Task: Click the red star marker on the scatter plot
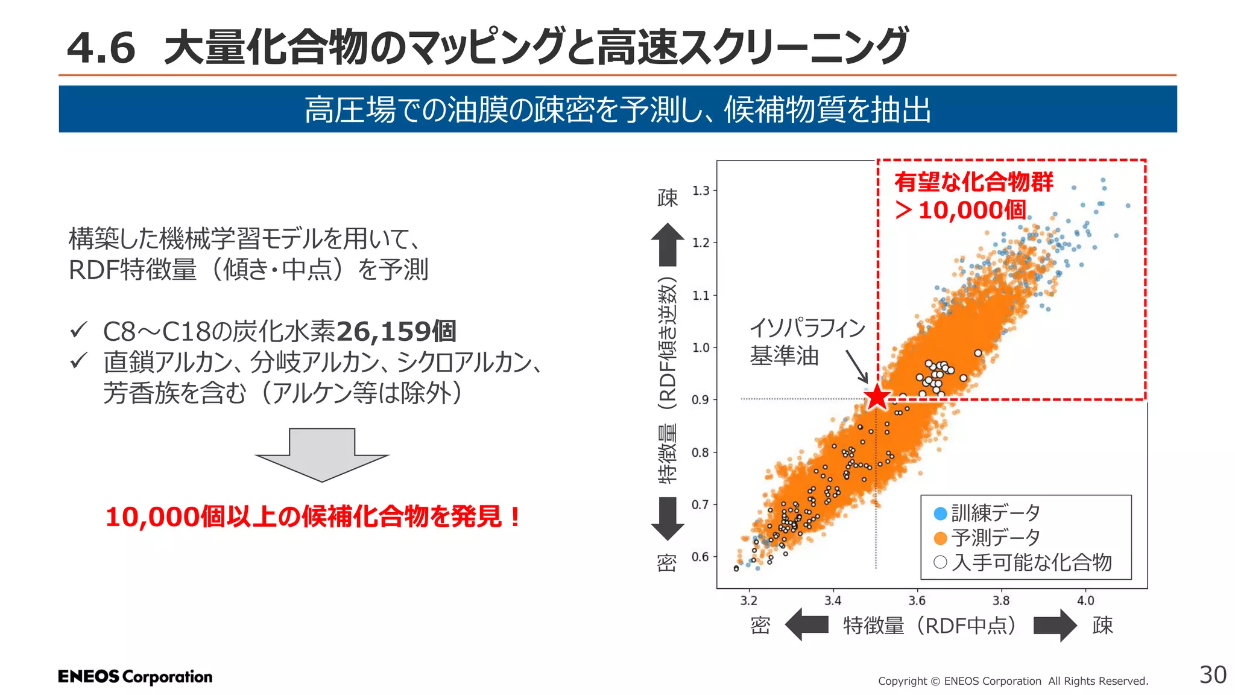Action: [877, 398]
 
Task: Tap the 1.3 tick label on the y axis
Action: [701, 191]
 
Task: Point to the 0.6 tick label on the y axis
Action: [700, 557]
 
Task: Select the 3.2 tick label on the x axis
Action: [748, 601]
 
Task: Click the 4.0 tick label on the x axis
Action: [1085, 601]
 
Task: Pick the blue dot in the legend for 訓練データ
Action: [940, 513]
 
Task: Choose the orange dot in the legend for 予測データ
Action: [940, 538]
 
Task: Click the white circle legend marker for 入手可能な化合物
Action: [940, 562]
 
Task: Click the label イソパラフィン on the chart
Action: [807, 328]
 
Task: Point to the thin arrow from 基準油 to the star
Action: [856, 366]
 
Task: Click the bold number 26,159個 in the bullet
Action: [396, 331]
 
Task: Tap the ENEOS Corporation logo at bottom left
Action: [135, 677]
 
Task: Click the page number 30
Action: [1213, 675]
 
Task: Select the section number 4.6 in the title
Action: [101, 48]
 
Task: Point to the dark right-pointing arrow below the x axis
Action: [1055, 626]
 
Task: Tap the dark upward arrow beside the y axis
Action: [668, 244]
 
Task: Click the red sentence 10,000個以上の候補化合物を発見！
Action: [312, 517]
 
